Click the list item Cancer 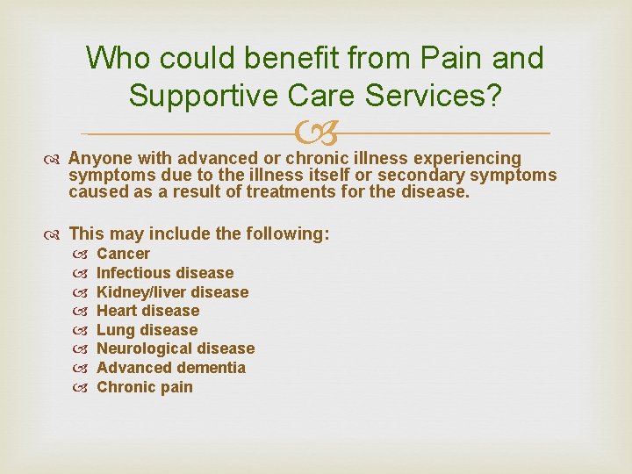pyautogui.click(x=123, y=254)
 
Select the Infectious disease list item pyautogui.click(x=165, y=273)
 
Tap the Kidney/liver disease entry pyautogui.click(x=172, y=292)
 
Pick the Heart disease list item pyautogui.click(x=147, y=311)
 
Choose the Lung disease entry pyautogui.click(x=147, y=330)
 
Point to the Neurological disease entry pyautogui.click(x=175, y=349)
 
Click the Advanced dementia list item pyautogui.click(x=170, y=368)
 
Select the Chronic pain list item pyautogui.click(x=144, y=387)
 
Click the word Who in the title pyautogui.click(x=117, y=59)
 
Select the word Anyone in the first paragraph pyautogui.click(x=97, y=159)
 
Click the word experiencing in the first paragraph pyautogui.click(x=466, y=159)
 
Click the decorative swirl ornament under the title pyautogui.click(x=315, y=134)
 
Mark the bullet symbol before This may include pyautogui.click(x=55, y=234)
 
